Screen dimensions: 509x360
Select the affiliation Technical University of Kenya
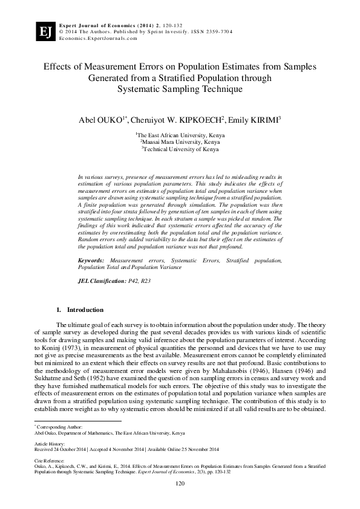point(180,149)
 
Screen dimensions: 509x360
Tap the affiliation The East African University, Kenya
point(180,135)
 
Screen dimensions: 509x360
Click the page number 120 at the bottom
point(180,484)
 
